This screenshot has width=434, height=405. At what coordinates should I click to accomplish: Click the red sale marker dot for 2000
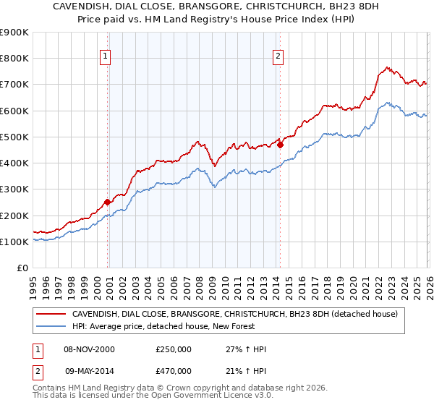107,202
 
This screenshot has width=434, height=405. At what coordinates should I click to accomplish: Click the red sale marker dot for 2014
280,145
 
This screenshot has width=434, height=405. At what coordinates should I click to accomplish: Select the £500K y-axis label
14,137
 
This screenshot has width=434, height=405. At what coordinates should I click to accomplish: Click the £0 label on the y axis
22,268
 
